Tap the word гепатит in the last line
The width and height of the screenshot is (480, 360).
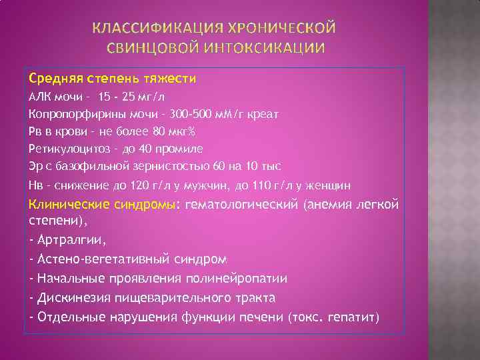[351, 317]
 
